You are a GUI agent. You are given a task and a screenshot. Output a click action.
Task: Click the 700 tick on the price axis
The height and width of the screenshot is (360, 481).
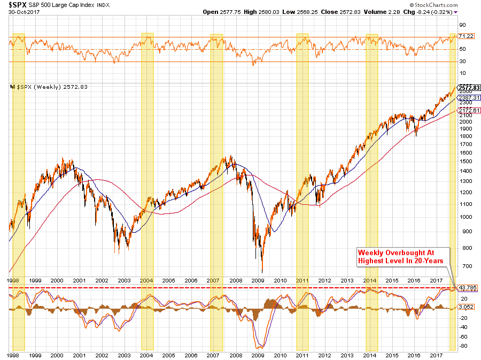[x=463, y=266]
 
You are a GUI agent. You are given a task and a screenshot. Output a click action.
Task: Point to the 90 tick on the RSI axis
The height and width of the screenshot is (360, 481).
[x=462, y=25]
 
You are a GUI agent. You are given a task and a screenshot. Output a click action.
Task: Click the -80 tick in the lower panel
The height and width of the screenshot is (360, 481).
[x=463, y=346]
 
